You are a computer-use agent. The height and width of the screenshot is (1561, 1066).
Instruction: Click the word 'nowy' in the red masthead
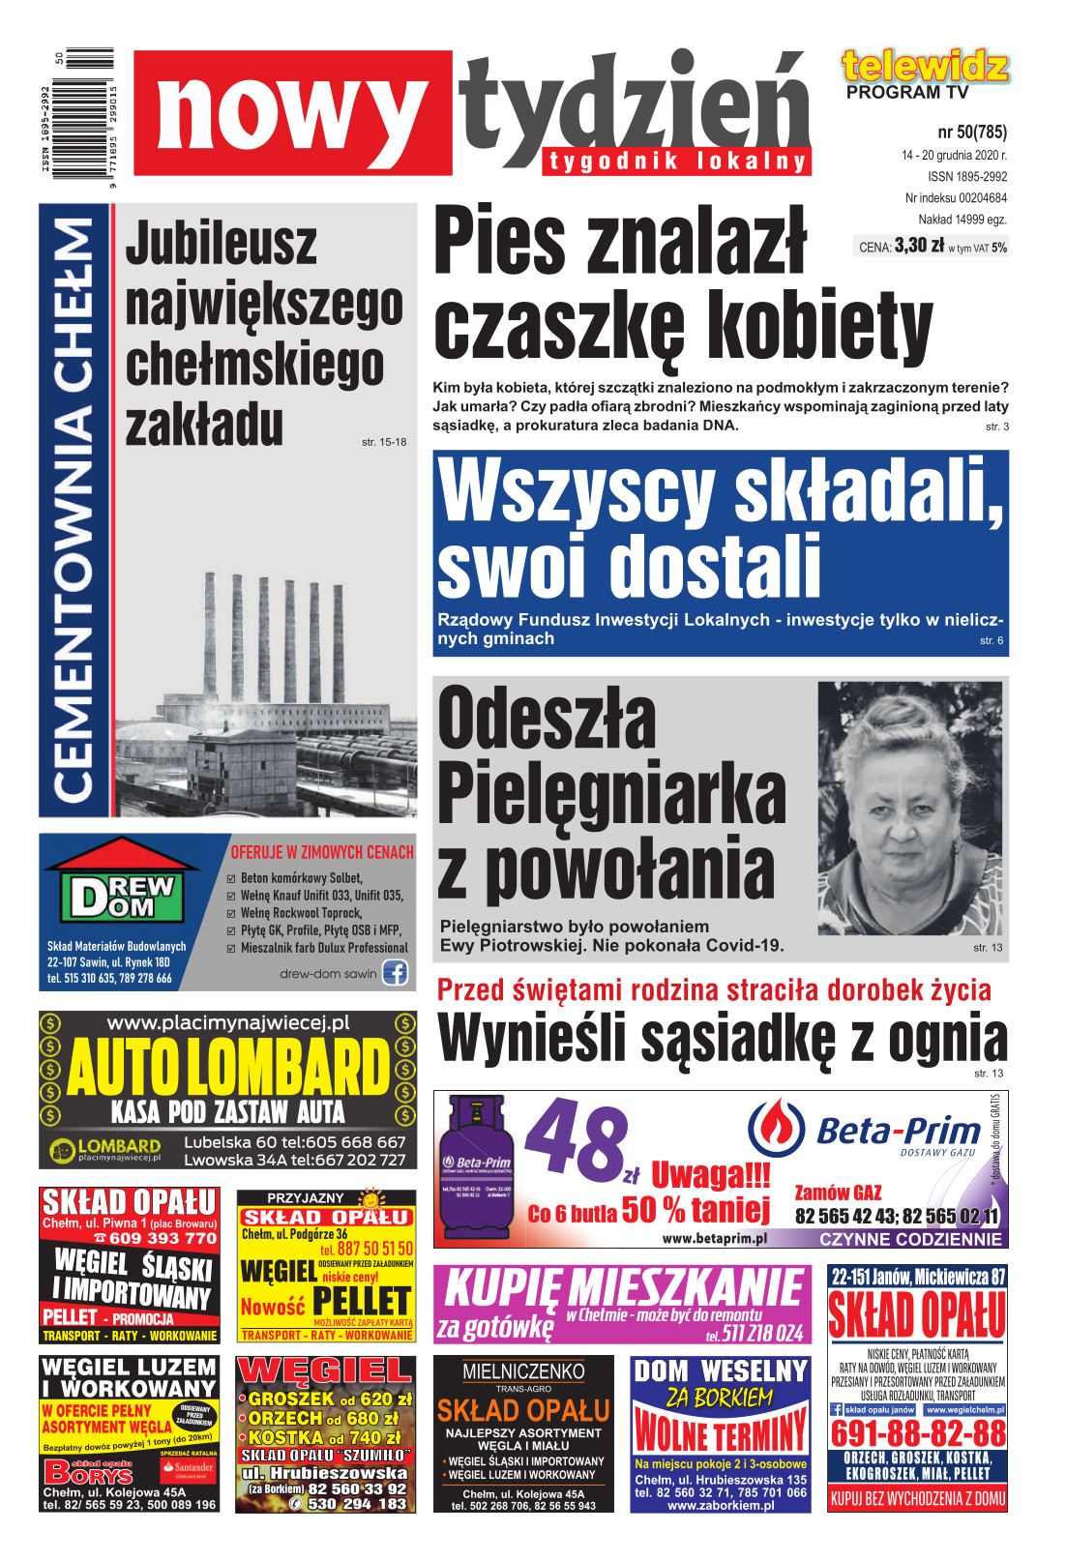coord(290,114)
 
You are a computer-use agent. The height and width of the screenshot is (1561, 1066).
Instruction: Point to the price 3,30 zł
coord(919,246)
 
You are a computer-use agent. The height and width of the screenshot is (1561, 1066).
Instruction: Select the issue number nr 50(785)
coord(971,132)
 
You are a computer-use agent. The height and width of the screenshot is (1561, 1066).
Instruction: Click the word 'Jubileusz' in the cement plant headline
coord(221,244)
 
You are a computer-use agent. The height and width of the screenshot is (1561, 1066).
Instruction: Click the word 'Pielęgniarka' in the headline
coord(611,793)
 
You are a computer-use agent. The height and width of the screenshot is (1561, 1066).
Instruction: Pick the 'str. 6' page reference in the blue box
coord(991,640)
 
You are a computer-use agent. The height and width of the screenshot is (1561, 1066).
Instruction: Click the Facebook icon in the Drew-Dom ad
coord(395,972)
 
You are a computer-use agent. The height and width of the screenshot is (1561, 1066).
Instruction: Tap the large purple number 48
coord(577,1143)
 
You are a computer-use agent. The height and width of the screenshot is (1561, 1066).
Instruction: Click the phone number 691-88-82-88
coord(917,1433)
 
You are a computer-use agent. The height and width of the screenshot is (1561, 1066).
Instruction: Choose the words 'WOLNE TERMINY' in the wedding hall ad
coord(720,1429)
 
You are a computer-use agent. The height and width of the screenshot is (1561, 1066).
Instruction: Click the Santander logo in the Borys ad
coord(189,1467)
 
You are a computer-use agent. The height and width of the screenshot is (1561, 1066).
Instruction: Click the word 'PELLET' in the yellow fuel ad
coord(362,1301)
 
